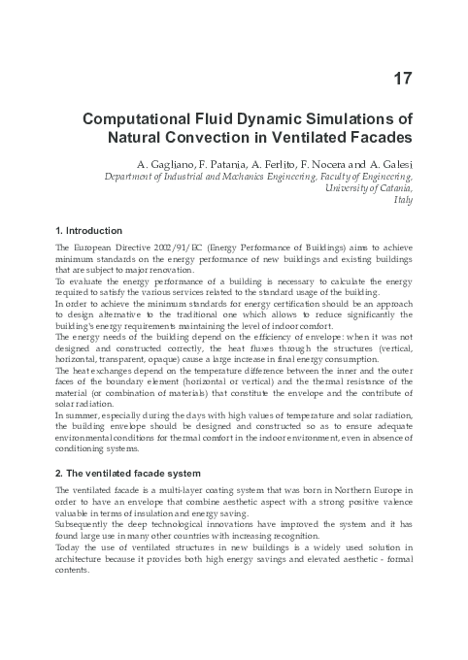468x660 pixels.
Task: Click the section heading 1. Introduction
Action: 89,231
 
